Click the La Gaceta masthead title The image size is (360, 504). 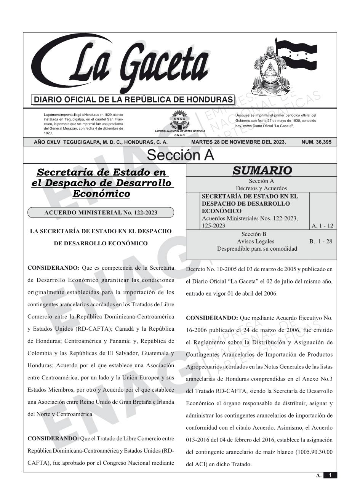[126, 65]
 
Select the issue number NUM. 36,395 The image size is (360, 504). [316, 142]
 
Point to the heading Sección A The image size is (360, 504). [180, 155]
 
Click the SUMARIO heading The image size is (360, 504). [262, 171]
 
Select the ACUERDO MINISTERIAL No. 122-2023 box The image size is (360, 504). [101, 213]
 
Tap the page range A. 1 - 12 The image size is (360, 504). [322, 226]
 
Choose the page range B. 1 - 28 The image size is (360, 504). [321, 241]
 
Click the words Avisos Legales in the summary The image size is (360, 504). [255, 241]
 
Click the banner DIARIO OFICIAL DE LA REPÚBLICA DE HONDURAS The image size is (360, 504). [133, 100]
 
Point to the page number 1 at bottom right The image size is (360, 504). [330, 475]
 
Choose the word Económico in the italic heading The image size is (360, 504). [101, 194]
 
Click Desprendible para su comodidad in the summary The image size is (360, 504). [257, 249]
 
